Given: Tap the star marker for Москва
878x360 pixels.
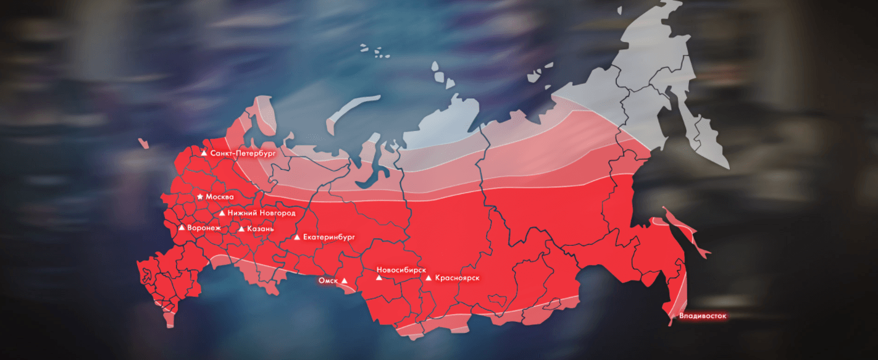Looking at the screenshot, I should click(200, 196).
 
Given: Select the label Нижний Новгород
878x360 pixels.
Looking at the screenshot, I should click(261, 213).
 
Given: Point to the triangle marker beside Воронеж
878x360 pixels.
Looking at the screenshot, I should click(182, 227).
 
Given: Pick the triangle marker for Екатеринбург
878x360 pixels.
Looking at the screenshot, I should click(297, 237).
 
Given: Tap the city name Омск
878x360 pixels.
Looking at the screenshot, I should click(328, 280).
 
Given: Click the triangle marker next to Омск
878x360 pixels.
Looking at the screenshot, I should click(345, 280).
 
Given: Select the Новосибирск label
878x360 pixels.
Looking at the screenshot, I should click(401, 270).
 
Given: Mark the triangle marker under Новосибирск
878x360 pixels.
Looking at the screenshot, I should click(379, 278).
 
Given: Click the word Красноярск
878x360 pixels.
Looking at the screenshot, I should click(457, 278).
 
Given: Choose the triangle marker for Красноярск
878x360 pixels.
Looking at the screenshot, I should click(429, 278).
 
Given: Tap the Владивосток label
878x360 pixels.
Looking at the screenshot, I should click(703, 317).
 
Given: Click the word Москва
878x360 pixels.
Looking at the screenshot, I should click(220, 196).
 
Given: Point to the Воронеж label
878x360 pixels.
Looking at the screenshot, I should click(204, 227).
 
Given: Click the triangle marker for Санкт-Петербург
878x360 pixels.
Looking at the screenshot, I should click(204, 152).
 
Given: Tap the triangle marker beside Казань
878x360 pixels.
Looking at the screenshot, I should click(241, 228).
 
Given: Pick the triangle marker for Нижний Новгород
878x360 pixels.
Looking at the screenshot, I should click(222, 213).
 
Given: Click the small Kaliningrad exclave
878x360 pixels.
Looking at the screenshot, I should click(143, 144).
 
